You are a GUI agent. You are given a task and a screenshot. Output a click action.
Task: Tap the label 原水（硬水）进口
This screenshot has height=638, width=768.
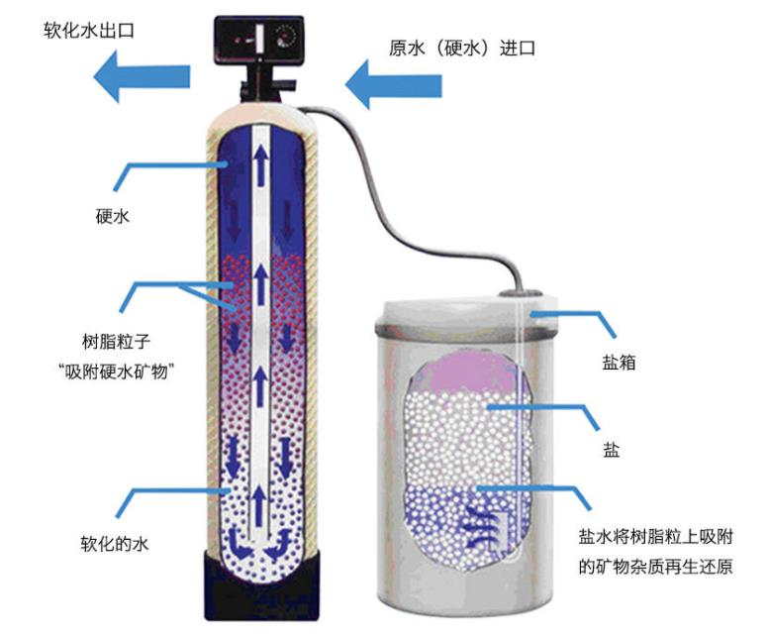point(462,47)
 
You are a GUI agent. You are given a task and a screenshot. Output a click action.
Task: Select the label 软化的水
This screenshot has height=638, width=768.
point(114,544)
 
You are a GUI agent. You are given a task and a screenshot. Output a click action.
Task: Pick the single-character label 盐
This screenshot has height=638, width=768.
point(612,450)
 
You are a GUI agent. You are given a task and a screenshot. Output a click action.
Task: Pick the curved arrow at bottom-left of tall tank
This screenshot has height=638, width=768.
point(237,540)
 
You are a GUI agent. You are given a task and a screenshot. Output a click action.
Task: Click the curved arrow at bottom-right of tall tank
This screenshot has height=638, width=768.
point(285,540)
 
